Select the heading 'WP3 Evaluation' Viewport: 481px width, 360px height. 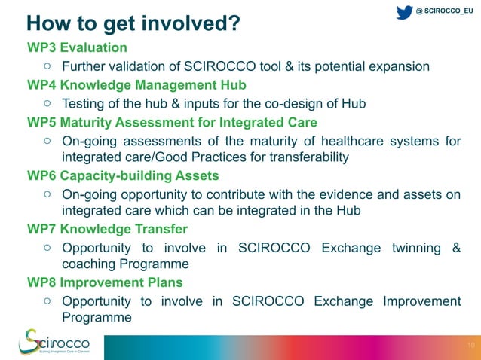click(77, 48)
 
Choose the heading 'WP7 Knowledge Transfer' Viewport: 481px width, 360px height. click(107, 229)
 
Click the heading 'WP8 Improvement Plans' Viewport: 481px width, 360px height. click(105, 283)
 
